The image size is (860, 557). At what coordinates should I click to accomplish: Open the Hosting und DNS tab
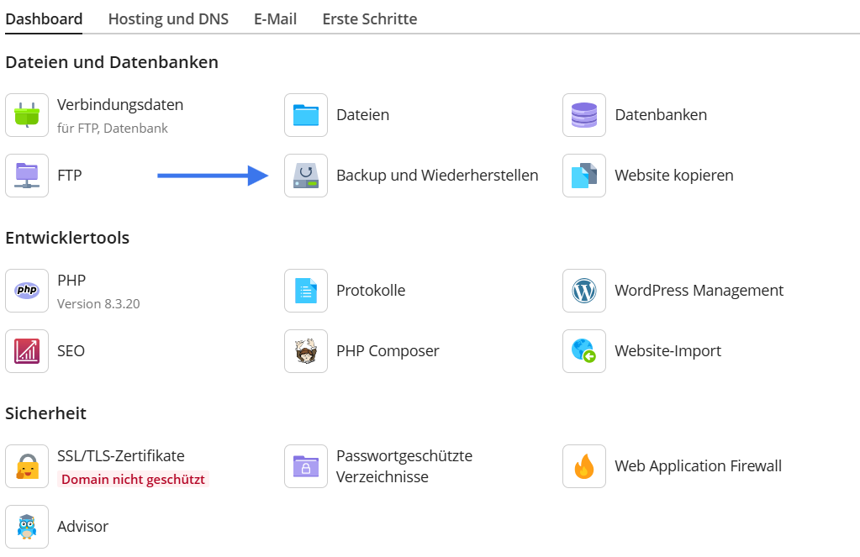[168, 18]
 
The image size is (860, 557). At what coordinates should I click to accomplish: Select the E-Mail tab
[275, 18]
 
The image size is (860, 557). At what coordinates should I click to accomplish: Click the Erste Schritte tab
[369, 18]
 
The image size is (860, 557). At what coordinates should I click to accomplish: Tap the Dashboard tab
[44, 18]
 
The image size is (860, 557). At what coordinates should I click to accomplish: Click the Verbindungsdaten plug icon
[27, 115]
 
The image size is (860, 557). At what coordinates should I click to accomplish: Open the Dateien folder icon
[306, 115]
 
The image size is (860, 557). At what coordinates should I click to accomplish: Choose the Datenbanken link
[660, 115]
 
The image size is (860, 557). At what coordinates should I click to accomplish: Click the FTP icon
[27, 176]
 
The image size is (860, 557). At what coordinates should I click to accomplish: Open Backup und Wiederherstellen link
[436, 176]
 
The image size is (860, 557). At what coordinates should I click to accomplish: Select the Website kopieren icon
[584, 176]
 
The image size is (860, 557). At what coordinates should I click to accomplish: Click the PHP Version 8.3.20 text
[98, 303]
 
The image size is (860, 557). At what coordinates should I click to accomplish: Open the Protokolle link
[370, 291]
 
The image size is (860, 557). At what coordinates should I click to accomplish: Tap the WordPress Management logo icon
[584, 291]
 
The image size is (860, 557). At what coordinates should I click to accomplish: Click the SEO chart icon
[27, 351]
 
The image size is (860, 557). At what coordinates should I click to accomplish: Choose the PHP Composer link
[387, 351]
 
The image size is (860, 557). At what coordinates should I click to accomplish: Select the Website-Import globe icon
[584, 351]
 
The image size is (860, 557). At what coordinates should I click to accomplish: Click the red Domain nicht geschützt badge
[132, 480]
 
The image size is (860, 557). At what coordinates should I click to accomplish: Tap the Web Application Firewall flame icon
[584, 466]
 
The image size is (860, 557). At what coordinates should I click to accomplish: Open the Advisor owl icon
[27, 527]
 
